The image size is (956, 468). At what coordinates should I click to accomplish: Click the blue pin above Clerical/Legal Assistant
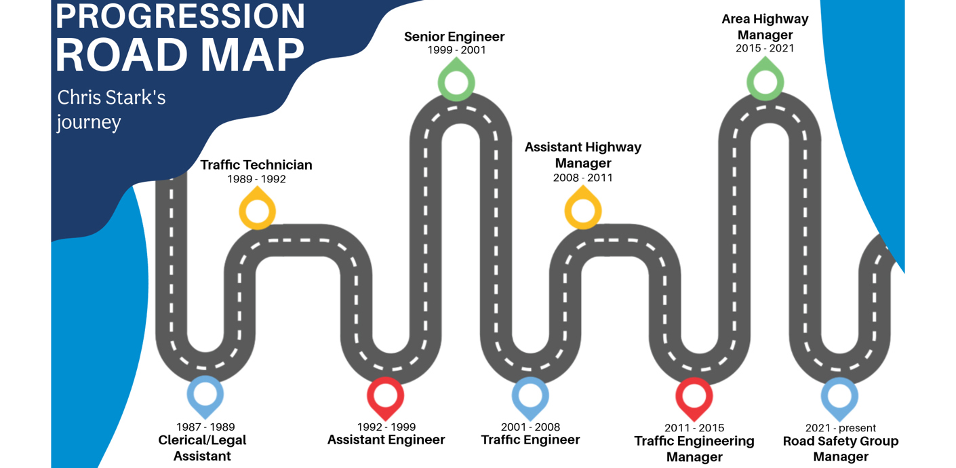tap(205, 395)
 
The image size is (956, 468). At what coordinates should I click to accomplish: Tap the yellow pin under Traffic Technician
tap(258, 208)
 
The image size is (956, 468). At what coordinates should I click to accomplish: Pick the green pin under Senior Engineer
tap(456, 80)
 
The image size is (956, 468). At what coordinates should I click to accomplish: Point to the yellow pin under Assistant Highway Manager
tap(583, 208)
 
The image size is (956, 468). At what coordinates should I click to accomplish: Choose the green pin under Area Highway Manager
tap(765, 79)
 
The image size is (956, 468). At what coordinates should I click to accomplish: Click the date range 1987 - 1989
tap(205, 427)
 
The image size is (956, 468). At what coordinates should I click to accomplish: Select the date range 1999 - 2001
tap(456, 50)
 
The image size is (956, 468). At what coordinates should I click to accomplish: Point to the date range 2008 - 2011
tap(583, 178)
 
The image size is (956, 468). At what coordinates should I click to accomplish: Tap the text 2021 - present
tap(841, 428)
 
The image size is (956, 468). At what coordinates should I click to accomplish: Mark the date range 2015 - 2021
tap(765, 48)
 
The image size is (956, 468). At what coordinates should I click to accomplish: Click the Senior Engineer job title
tap(454, 37)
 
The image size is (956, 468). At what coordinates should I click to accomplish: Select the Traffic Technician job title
tap(256, 165)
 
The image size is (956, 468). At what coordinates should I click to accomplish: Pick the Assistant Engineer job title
tap(386, 440)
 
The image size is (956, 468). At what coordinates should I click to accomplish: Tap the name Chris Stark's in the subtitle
tap(111, 98)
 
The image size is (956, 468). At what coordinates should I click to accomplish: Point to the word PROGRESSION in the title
tap(180, 16)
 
